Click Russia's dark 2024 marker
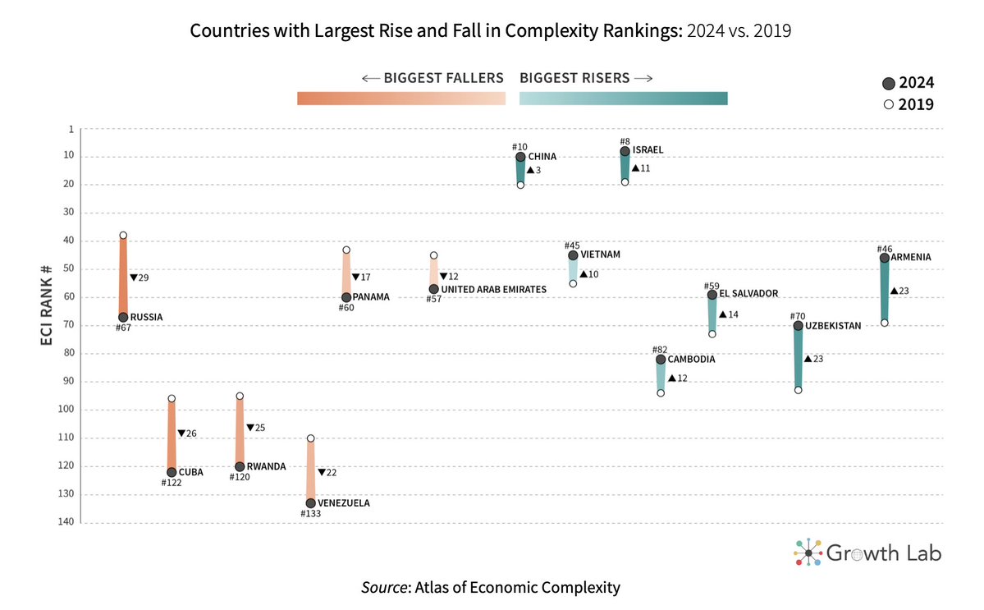coord(123,317)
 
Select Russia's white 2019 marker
coord(123,236)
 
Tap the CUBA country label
coord(190,472)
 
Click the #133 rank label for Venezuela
coord(312,514)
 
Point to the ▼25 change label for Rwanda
coord(255,428)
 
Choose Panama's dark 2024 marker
coord(346,297)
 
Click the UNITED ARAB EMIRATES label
coord(493,290)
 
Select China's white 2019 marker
coord(520,186)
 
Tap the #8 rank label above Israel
coord(625,141)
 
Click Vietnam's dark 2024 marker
coord(573,255)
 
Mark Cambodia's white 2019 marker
coord(661,393)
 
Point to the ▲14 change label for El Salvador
coord(728,314)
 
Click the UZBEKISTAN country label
coord(833,326)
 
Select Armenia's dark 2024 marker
coord(884,258)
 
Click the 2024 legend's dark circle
coord(888,83)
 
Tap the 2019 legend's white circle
coord(888,105)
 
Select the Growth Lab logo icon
coord(808,553)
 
